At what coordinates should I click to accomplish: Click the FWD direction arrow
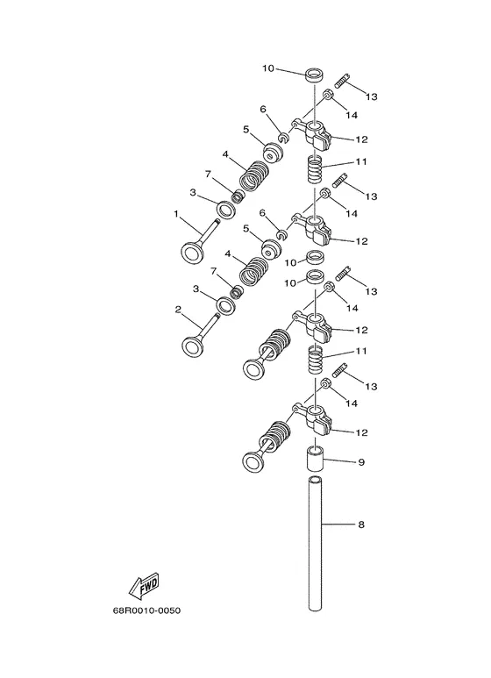pyautogui.click(x=144, y=586)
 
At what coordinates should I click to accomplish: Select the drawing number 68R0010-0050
pyautogui.click(x=147, y=610)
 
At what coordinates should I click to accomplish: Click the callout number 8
pyautogui.click(x=361, y=525)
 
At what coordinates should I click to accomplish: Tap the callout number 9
pyautogui.click(x=361, y=462)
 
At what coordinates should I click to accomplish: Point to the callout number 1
pyautogui.click(x=176, y=214)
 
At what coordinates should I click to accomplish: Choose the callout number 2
pyautogui.click(x=178, y=310)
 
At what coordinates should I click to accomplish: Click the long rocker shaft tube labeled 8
pyautogui.click(x=316, y=543)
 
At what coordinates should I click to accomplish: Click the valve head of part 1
pyautogui.click(x=191, y=252)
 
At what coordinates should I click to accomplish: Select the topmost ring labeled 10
pyautogui.click(x=316, y=75)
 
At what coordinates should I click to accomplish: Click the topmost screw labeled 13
pyautogui.click(x=342, y=81)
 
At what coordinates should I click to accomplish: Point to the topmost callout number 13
pyautogui.click(x=371, y=96)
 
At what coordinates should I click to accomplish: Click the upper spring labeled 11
pyautogui.click(x=315, y=170)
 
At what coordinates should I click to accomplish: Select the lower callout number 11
pyautogui.click(x=361, y=351)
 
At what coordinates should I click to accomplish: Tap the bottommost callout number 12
pyautogui.click(x=361, y=432)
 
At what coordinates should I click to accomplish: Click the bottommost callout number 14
pyautogui.click(x=352, y=403)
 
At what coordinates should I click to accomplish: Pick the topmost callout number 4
pyautogui.click(x=225, y=154)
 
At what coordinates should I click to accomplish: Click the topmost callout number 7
pyautogui.click(x=208, y=175)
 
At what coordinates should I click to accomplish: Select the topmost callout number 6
pyautogui.click(x=263, y=109)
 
